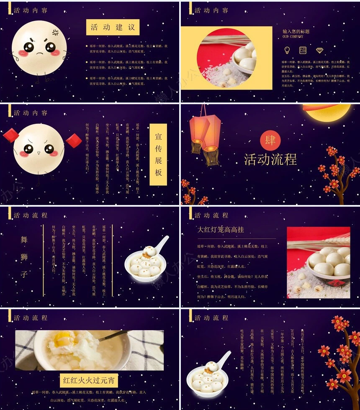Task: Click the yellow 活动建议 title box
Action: click(x=113, y=27)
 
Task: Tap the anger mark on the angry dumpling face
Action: click(x=55, y=32)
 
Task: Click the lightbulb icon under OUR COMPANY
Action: click(x=287, y=50)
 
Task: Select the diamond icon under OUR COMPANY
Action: click(x=320, y=50)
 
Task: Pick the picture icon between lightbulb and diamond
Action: click(x=303, y=50)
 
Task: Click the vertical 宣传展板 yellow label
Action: click(x=158, y=154)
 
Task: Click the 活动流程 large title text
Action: click(x=270, y=159)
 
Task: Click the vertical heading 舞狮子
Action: click(x=24, y=257)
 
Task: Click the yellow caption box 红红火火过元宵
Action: click(x=89, y=380)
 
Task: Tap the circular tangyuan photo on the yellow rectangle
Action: click(x=226, y=58)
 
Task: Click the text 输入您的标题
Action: click(x=296, y=31)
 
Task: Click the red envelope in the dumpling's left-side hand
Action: click(x=10, y=135)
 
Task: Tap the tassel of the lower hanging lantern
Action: click(x=211, y=156)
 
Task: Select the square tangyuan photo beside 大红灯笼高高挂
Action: click(x=318, y=262)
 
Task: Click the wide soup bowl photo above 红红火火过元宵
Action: click(x=89, y=350)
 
